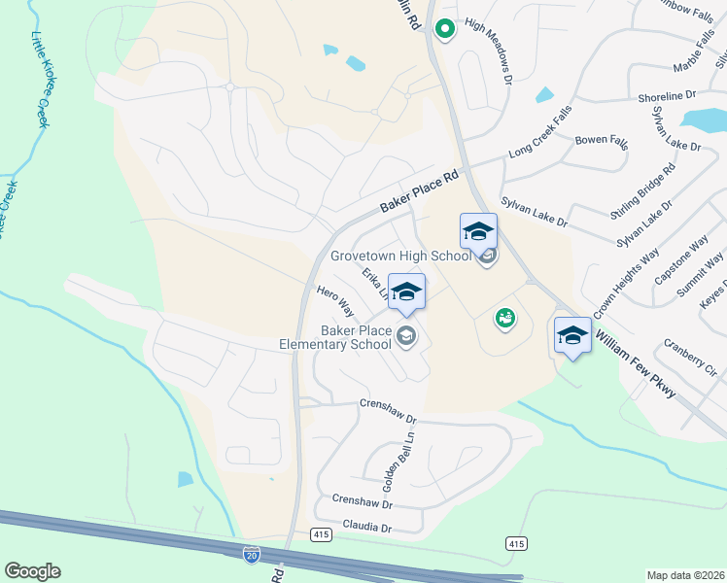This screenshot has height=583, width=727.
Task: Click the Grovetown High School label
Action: click(400, 257)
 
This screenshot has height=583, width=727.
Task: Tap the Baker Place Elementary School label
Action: click(334, 338)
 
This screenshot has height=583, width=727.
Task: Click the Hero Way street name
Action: click(335, 302)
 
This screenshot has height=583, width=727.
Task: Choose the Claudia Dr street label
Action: click(365, 529)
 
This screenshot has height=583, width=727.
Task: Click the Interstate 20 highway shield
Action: click(251, 555)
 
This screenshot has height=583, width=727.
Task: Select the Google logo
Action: click(33, 571)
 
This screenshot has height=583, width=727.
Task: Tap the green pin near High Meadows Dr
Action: click(444, 29)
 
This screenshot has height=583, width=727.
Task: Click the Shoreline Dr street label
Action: click(667, 96)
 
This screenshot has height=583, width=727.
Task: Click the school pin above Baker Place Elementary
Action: click(406, 292)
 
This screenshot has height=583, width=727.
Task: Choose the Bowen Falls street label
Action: click(603, 141)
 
